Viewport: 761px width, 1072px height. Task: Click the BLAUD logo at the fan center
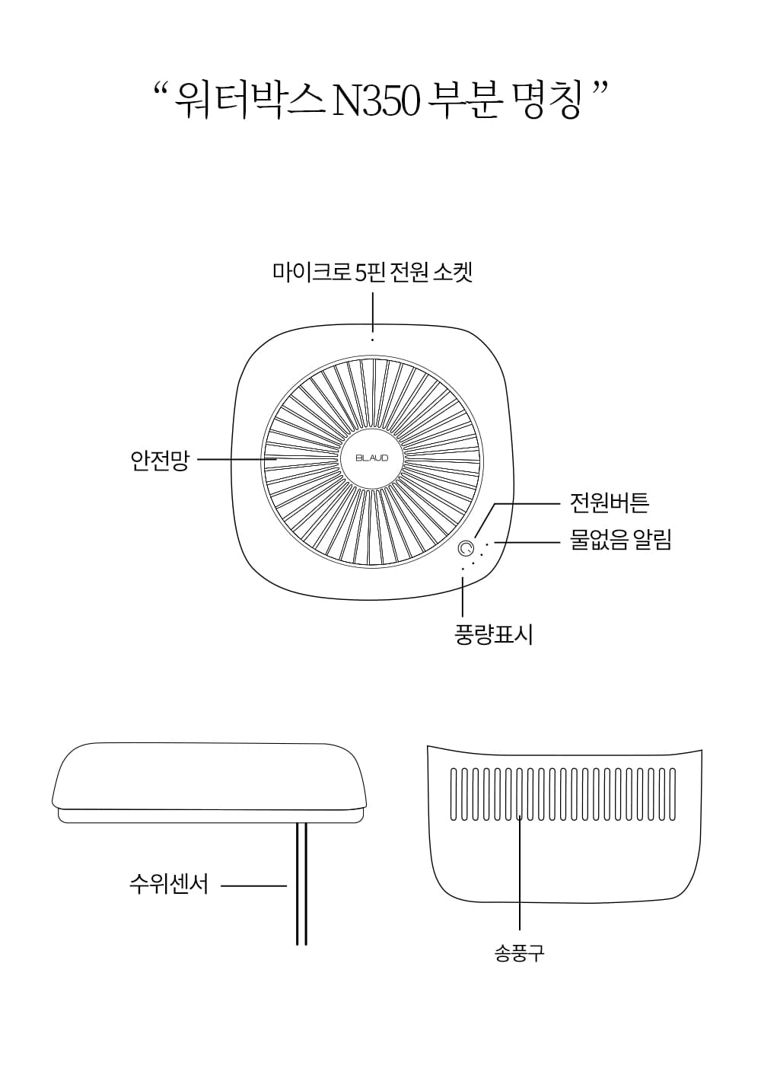pyautogui.click(x=372, y=458)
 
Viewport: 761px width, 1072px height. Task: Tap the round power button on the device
pyautogui.click(x=466, y=548)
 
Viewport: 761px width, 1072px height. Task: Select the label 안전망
pyautogui.click(x=160, y=461)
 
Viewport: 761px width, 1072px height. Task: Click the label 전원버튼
pyautogui.click(x=610, y=502)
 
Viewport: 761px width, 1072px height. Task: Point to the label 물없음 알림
pyautogui.click(x=621, y=540)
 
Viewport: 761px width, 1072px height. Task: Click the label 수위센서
pyautogui.click(x=169, y=885)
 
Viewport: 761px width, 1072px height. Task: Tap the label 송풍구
pyautogui.click(x=520, y=954)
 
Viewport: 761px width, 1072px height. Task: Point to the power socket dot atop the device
pyautogui.click(x=373, y=340)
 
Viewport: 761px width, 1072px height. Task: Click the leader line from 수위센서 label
pyautogui.click(x=253, y=885)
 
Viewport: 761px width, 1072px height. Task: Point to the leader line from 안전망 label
pyautogui.click(x=237, y=459)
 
